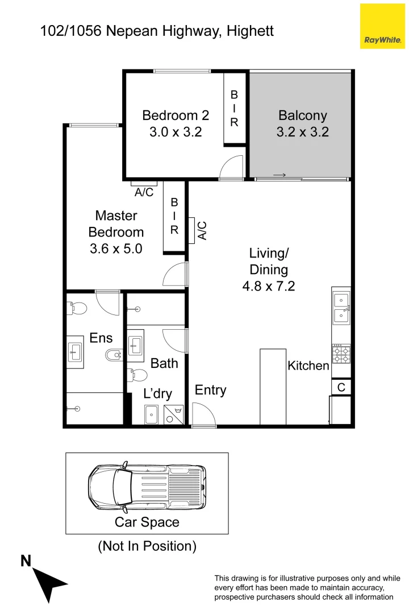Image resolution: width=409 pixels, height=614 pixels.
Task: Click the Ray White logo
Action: (382, 26)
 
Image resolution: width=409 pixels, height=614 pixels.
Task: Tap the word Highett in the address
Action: (250, 30)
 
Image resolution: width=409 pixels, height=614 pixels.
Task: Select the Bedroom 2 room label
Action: (176, 115)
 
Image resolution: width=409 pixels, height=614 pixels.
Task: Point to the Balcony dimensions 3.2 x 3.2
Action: (302, 132)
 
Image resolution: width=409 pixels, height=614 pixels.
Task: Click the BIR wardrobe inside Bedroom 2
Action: (234, 109)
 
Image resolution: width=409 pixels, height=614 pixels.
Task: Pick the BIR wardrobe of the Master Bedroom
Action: (174, 216)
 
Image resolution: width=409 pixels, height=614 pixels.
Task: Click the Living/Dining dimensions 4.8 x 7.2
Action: (269, 286)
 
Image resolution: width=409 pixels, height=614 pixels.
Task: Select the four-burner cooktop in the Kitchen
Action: (341, 354)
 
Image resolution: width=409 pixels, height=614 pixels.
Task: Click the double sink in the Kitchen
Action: (341, 307)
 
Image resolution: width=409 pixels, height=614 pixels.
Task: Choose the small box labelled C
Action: (341, 387)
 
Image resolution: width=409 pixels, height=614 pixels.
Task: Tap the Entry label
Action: (210, 390)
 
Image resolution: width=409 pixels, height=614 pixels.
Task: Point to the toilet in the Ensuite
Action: (77, 308)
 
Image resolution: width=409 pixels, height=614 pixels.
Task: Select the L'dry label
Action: (157, 393)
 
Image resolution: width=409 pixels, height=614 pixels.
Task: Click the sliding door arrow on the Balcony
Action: (279, 175)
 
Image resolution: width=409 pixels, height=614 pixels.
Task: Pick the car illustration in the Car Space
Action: (147, 487)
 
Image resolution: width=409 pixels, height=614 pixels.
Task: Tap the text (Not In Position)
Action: (147, 546)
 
